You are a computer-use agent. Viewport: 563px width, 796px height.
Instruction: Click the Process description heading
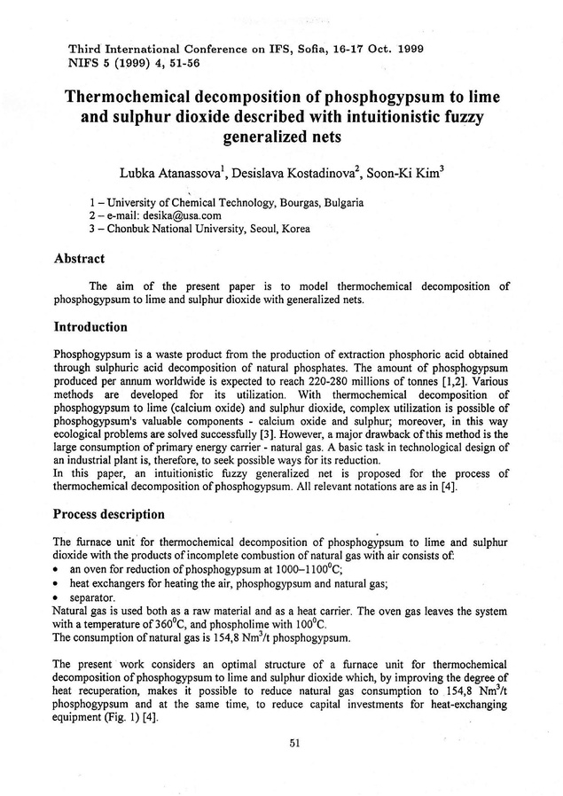click(x=109, y=513)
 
